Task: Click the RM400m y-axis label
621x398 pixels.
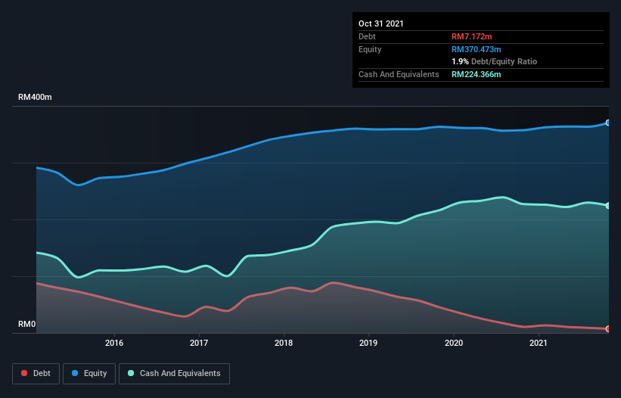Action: coord(36,98)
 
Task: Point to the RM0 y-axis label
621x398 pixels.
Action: coord(26,325)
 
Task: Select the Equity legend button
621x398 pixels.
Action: coord(90,373)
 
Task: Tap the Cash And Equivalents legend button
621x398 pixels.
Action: coord(174,373)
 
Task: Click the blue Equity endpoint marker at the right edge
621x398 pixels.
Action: coord(608,123)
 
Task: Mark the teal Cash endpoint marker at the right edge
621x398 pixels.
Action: coord(608,205)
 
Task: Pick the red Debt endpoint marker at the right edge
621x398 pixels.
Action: coord(608,328)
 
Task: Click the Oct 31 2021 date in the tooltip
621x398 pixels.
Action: coord(381,23)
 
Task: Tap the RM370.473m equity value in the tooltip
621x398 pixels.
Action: coord(477,49)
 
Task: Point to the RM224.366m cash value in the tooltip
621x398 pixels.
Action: coord(477,74)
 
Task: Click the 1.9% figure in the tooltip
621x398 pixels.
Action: coord(460,61)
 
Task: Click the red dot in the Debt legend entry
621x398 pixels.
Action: coord(25,373)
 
